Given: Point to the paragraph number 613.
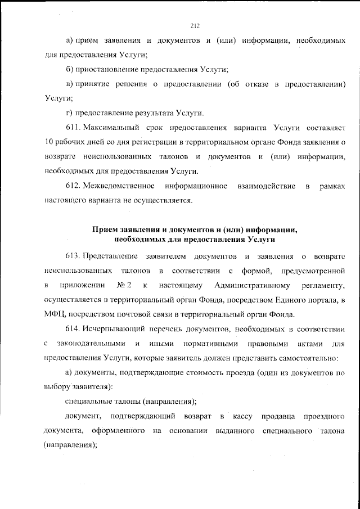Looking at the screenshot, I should (73, 256).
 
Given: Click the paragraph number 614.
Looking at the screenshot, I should (73, 328).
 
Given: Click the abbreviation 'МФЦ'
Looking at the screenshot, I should (53, 314).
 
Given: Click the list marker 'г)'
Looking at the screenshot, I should (69, 112).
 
